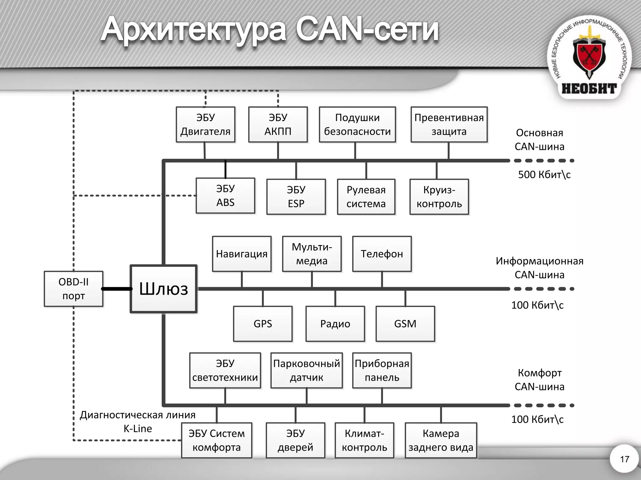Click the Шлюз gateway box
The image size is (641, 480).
163,289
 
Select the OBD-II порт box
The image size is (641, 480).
74,289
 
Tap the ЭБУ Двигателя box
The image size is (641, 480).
205,125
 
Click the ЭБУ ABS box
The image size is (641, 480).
225,196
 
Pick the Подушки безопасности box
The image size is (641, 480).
357,125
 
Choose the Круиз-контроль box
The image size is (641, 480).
439,197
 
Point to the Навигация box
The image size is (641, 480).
242,254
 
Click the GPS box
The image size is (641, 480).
263,324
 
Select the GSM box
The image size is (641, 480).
405,324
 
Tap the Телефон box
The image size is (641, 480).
382,254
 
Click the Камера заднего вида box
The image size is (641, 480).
441,440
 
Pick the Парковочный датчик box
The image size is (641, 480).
306,370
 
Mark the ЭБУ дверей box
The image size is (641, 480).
295,440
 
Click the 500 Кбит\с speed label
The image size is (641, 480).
544,174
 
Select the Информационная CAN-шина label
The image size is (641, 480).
539,268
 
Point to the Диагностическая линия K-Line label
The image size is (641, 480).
138,422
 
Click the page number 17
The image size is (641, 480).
624,459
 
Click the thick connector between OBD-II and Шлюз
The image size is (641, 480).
116,289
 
